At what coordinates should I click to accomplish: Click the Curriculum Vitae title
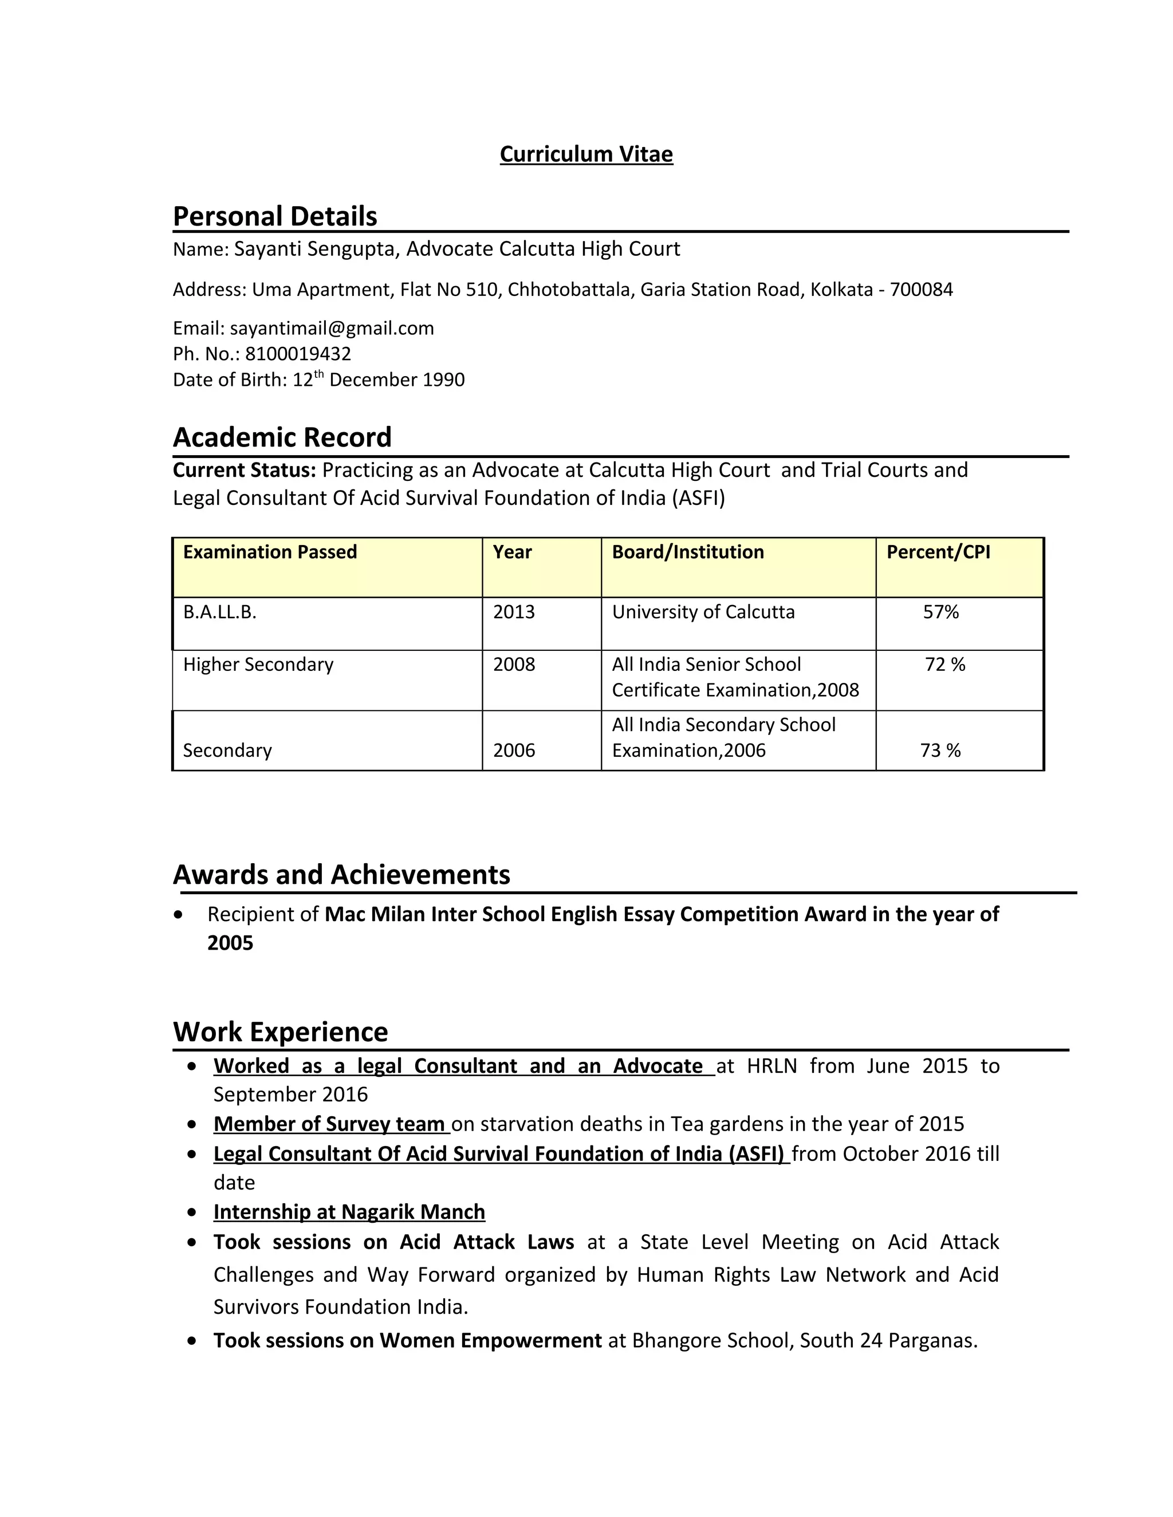[x=586, y=154]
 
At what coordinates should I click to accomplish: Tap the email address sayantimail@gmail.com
[x=332, y=328]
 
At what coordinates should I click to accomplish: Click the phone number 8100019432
[x=298, y=354]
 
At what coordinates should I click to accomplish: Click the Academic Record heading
[x=282, y=437]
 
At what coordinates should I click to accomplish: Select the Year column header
[x=512, y=552]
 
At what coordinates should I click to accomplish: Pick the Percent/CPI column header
[x=938, y=552]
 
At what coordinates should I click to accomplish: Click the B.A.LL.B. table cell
[x=219, y=612]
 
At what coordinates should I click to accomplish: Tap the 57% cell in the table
[x=940, y=612]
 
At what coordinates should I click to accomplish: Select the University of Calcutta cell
[x=703, y=612]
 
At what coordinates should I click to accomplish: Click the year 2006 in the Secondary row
[x=514, y=750]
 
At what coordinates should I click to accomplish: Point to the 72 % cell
[x=944, y=665]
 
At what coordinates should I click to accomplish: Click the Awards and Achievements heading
[x=341, y=875]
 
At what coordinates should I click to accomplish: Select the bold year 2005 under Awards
[x=230, y=943]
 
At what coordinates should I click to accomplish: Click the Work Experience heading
[x=280, y=1032]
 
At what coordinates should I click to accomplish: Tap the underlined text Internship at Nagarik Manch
[x=349, y=1212]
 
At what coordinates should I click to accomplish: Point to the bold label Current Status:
[x=244, y=470]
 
